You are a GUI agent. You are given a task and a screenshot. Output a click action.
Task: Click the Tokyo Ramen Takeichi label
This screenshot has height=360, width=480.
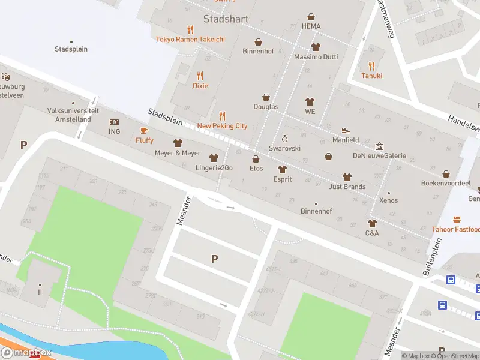[x=190, y=39]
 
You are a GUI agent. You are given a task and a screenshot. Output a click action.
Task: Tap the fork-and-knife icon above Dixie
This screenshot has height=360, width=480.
[x=200, y=76]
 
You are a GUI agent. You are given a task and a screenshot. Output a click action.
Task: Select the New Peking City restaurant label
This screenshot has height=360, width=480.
[x=222, y=126]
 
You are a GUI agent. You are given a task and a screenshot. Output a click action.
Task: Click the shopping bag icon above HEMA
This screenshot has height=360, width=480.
[x=311, y=16]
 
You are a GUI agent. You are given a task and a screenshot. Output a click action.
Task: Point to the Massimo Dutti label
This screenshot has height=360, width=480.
[x=316, y=57]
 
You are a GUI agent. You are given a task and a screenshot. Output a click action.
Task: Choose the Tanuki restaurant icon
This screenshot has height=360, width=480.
[x=371, y=66]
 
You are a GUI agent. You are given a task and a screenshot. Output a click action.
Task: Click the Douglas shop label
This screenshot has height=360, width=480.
[x=266, y=107]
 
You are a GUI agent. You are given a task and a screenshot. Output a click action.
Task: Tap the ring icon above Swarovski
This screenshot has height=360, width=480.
[x=284, y=139]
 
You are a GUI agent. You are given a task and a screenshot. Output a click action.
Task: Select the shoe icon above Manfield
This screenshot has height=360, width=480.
[x=346, y=130]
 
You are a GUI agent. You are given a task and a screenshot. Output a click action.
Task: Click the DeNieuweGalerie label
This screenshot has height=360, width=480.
[x=379, y=156]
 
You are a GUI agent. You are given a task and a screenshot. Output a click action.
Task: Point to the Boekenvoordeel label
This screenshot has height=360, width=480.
[x=444, y=183]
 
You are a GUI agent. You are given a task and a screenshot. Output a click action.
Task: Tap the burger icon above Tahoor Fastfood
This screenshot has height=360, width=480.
[x=457, y=220]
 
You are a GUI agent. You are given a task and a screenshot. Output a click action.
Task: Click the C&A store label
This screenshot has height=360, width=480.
[x=372, y=232]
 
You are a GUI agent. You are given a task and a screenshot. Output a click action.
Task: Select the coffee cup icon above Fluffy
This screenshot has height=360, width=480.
[x=144, y=130]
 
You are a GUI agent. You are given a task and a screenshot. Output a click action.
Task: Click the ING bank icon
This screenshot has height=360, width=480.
[x=114, y=122]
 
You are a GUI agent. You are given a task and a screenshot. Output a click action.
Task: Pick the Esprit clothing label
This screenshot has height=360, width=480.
[x=282, y=178]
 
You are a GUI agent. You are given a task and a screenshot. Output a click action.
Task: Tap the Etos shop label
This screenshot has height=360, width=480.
[x=256, y=169]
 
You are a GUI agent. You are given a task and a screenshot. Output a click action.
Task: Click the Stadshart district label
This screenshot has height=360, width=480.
[x=226, y=19]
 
